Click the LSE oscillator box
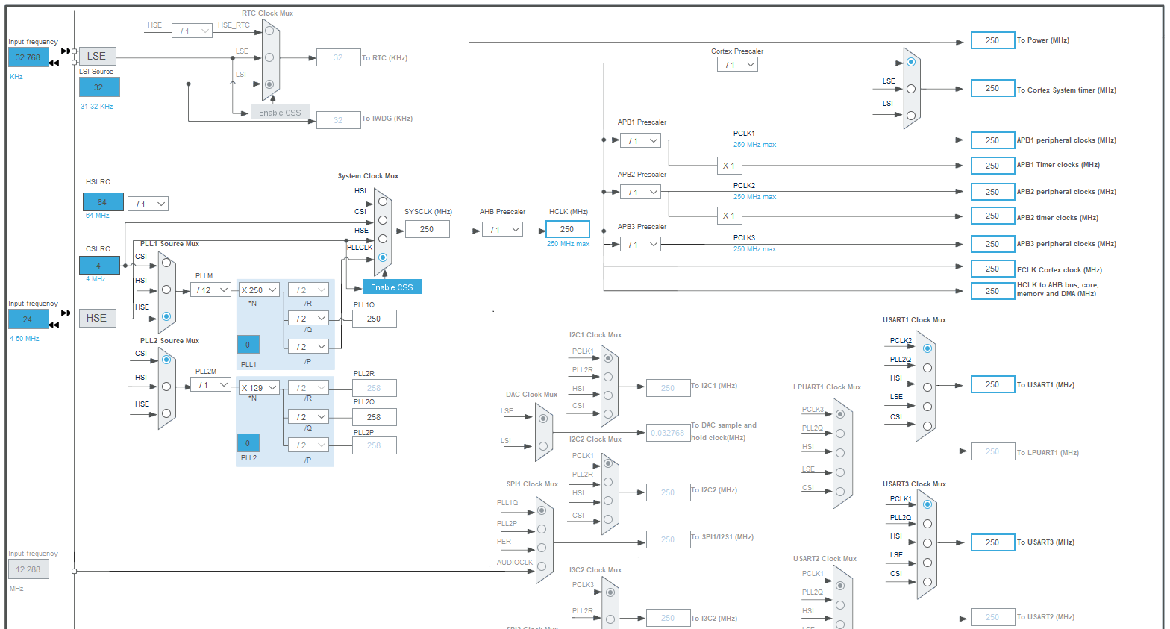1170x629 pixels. (97, 56)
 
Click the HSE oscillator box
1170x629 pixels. (97, 318)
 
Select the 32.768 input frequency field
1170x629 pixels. (28, 57)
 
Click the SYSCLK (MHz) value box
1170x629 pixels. (427, 229)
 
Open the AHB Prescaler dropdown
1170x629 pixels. (502, 229)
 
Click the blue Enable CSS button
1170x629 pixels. (392, 287)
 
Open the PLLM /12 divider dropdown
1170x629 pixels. (211, 290)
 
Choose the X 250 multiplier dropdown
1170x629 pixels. (259, 290)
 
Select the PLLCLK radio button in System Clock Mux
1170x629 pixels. (383, 257)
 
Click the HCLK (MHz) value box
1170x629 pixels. (567, 229)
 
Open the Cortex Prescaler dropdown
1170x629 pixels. (737, 65)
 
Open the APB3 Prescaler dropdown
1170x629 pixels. (640, 244)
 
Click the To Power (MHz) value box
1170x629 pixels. (992, 40)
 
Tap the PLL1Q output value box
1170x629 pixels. (374, 319)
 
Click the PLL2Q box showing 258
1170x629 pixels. (374, 417)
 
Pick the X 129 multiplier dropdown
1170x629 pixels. (259, 387)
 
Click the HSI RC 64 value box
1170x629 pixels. (102, 202)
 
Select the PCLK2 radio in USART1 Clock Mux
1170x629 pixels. (927, 348)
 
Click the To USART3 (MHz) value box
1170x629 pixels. (992, 542)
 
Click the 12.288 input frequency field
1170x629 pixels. (28, 569)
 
